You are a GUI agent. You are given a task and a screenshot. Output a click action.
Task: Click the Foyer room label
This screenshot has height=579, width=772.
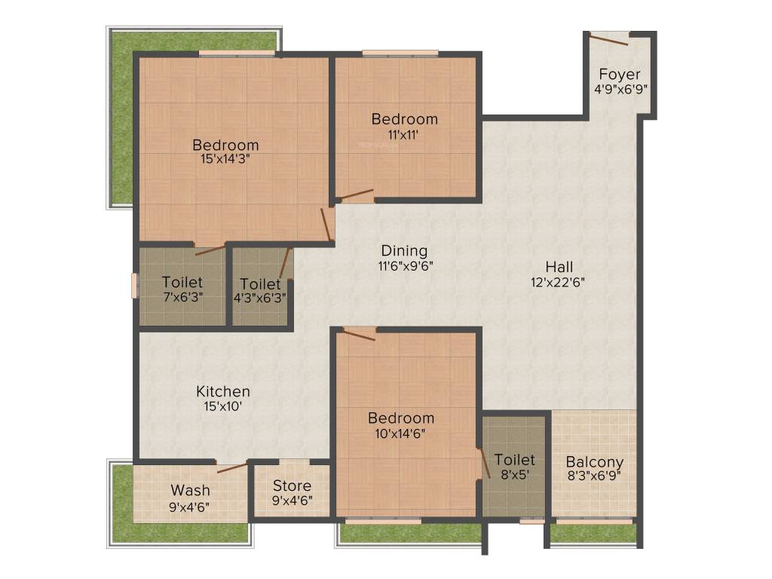coord(620,74)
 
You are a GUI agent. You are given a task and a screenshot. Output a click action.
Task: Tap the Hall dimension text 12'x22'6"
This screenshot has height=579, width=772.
coord(559,283)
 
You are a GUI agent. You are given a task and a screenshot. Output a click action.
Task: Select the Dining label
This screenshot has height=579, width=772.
coord(404,250)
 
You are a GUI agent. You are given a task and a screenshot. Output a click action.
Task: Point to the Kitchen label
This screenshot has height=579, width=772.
coord(223,391)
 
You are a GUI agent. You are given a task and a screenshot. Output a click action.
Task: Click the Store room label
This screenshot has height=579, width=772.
coord(292,486)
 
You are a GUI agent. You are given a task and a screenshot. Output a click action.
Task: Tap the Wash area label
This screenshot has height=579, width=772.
coord(190,491)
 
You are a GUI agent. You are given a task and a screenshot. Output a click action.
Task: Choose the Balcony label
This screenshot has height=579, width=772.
coord(595,462)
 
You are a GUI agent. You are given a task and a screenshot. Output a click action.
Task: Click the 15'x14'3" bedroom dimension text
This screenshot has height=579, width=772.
coord(225,159)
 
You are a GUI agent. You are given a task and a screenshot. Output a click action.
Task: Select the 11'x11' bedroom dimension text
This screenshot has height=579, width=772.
coord(403,135)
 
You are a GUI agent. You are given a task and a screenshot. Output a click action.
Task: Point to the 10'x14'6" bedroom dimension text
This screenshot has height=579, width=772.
coord(401,433)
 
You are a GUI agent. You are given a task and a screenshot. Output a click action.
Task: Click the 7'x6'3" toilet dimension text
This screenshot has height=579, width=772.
coord(182,296)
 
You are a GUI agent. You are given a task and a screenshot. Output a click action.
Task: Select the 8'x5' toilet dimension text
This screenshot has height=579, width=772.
coord(515,475)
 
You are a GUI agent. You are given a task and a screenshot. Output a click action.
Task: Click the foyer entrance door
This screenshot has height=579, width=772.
coord(609,39)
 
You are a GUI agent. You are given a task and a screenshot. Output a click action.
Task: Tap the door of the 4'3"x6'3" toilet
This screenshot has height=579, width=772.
coord(285,264)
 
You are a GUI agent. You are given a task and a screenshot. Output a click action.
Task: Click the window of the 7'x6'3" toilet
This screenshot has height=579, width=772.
coord(134,286)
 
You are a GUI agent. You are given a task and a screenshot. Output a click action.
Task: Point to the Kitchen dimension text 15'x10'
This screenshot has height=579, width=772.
coord(223,406)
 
